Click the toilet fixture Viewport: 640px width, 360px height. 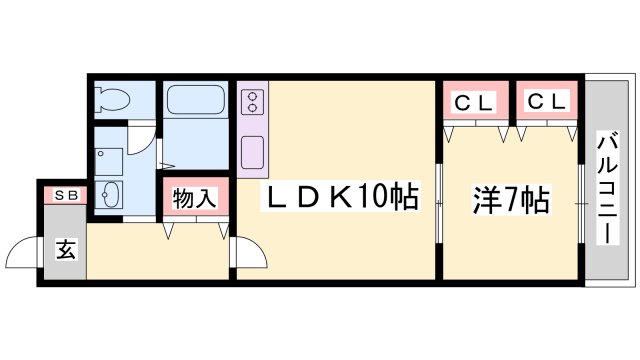point(109,100)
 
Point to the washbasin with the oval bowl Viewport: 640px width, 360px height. point(110,193)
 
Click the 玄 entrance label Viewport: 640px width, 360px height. point(65,250)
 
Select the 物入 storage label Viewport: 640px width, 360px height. point(194,198)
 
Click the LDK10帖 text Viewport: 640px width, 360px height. point(340,198)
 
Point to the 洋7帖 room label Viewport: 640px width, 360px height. point(510,200)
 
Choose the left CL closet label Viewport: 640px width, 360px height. point(476,101)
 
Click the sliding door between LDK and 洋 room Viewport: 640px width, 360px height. point(439,205)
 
